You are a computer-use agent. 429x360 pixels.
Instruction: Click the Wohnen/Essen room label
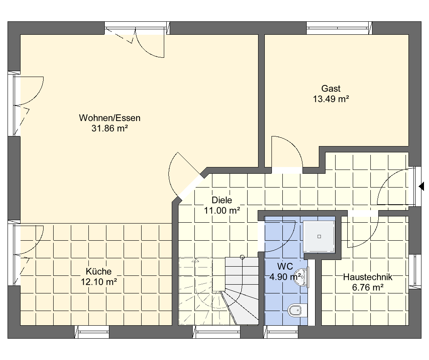[x=109, y=118]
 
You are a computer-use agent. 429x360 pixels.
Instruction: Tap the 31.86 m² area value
[x=110, y=128]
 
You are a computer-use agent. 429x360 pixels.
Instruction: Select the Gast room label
[x=331, y=88]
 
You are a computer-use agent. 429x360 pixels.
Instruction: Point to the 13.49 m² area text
[x=331, y=99]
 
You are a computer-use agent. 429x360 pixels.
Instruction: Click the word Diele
[x=222, y=200]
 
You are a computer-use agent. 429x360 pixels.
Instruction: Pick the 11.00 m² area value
[x=222, y=211]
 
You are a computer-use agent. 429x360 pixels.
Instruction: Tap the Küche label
[x=98, y=271]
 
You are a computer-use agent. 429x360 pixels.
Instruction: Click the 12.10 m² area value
[x=99, y=282]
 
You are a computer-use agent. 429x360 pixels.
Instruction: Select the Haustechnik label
[x=367, y=277]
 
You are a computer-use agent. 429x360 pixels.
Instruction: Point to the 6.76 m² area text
[x=367, y=288]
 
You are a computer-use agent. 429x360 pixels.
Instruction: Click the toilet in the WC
[x=297, y=311]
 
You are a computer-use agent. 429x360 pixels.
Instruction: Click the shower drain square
[x=319, y=237]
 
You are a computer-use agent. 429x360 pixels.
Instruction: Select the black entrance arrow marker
[x=421, y=186]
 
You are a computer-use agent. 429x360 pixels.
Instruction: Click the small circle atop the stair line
[x=242, y=257]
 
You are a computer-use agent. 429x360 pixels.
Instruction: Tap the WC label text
[x=285, y=266]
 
